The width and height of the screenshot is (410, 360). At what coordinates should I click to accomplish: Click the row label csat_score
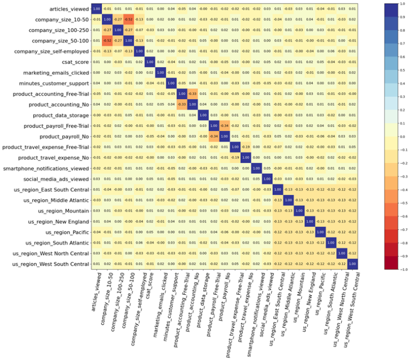tap(75, 62)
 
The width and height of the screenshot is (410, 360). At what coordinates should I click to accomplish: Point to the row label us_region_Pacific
tap(67, 232)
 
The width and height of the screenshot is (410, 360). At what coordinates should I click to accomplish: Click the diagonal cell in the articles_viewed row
tap(96, 9)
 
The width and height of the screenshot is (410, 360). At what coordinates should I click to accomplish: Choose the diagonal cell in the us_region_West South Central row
tap(352, 264)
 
